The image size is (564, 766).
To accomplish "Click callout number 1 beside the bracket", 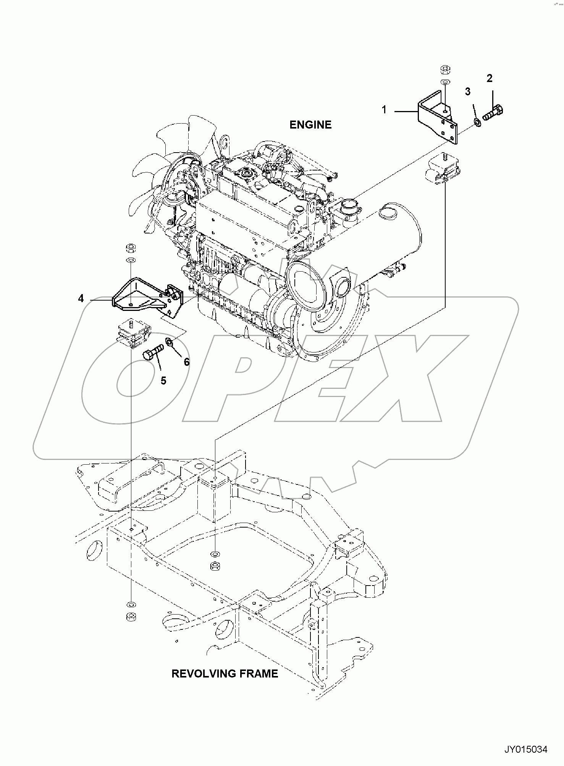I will click(384, 110).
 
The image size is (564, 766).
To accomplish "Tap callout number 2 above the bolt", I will click(489, 78).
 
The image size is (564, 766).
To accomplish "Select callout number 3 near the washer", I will click(467, 92).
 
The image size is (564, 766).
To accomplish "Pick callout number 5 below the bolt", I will click(163, 381).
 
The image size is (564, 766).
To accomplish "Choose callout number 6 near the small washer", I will click(187, 362).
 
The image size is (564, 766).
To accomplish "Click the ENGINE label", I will click(310, 125).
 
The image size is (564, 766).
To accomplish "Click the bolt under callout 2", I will click(493, 113).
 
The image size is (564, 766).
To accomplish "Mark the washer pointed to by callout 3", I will click(477, 122).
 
